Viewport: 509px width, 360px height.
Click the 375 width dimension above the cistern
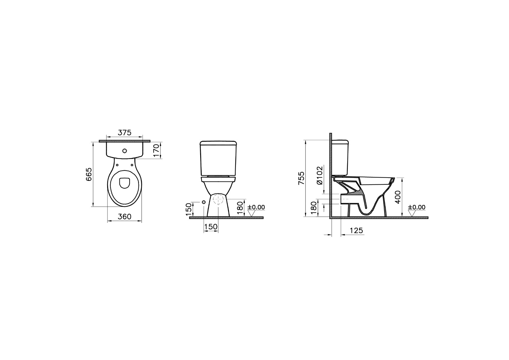125,133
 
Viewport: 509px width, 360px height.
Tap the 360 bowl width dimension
125,217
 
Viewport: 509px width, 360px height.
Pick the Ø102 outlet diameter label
320,175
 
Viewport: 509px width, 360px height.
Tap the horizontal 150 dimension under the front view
211,227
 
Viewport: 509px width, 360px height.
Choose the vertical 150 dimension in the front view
189,209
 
